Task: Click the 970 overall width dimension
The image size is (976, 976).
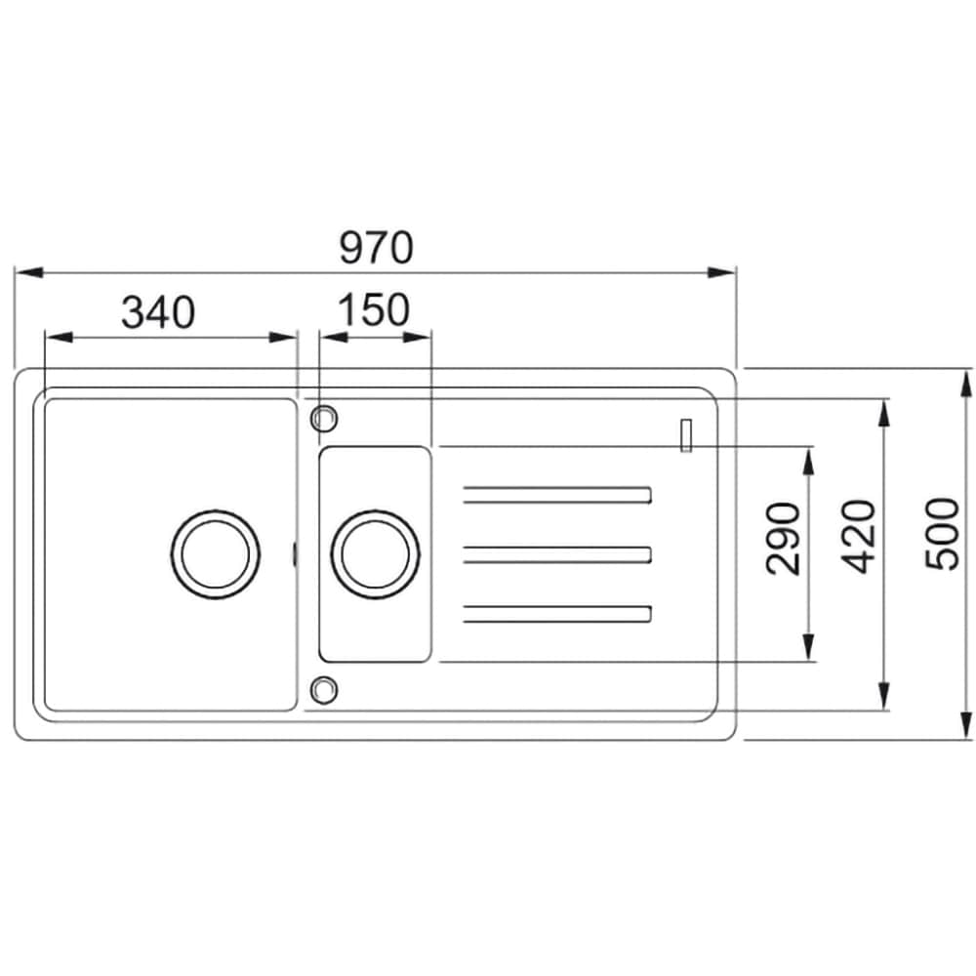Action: [376, 248]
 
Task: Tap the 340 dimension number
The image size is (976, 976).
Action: [158, 312]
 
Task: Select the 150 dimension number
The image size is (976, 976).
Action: [374, 310]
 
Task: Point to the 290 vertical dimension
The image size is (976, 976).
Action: [783, 539]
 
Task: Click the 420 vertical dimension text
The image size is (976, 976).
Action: [858, 536]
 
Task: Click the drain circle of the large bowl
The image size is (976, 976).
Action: [216, 554]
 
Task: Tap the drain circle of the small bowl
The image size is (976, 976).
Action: [376, 554]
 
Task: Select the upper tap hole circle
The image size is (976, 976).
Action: [324, 419]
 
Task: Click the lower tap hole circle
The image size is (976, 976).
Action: [324, 690]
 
